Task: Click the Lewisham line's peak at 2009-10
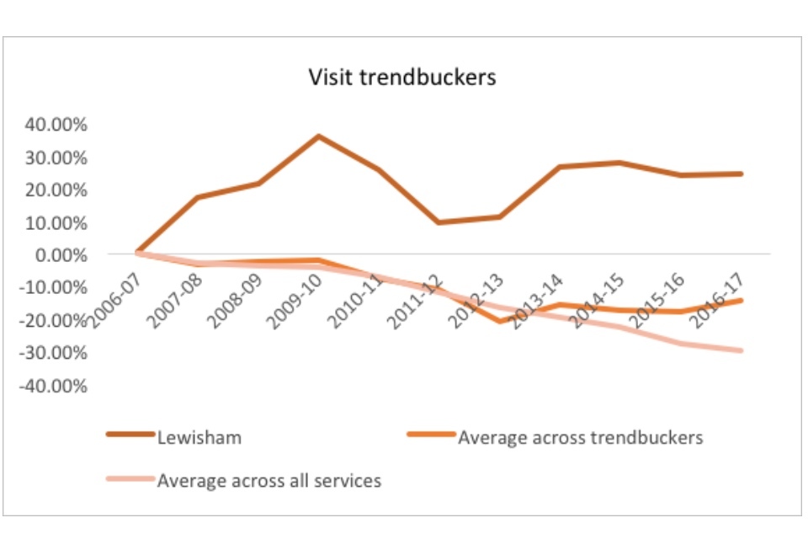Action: pos(317,136)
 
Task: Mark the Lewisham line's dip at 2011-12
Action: pos(439,222)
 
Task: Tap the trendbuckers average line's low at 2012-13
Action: pos(499,321)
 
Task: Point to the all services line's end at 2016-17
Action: pos(742,350)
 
